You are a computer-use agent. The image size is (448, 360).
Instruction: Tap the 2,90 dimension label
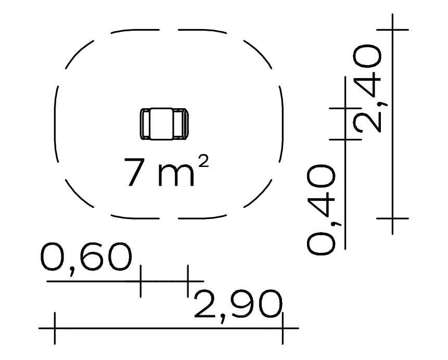(x=238, y=306)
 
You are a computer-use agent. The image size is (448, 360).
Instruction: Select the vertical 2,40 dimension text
(x=367, y=88)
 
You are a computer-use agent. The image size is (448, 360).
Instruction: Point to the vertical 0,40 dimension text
(x=321, y=210)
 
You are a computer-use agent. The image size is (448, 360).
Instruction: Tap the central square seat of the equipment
(x=161, y=124)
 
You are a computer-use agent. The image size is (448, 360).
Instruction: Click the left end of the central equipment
(x=145, y=124)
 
